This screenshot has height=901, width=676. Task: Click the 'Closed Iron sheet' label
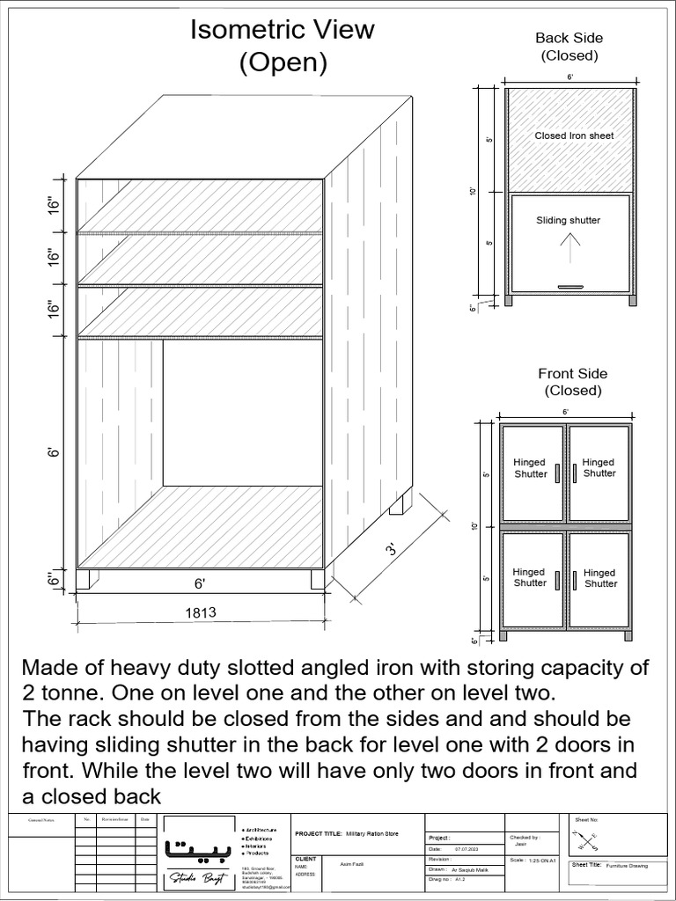pos(574,136)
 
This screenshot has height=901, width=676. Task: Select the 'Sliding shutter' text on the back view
pos(568,220)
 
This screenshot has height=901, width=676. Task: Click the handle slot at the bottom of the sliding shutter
pos(569,287)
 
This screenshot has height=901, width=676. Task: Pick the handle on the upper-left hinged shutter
pos(557,472)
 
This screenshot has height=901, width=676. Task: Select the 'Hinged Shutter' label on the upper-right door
pos(599,467)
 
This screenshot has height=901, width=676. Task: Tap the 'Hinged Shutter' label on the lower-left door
pos(530,577)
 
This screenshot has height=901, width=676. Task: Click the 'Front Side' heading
pos(572,374)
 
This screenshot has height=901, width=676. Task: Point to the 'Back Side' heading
pos(569,38)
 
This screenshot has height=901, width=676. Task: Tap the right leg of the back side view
pos(632,299)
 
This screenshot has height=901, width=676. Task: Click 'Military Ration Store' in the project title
pos(373,832)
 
